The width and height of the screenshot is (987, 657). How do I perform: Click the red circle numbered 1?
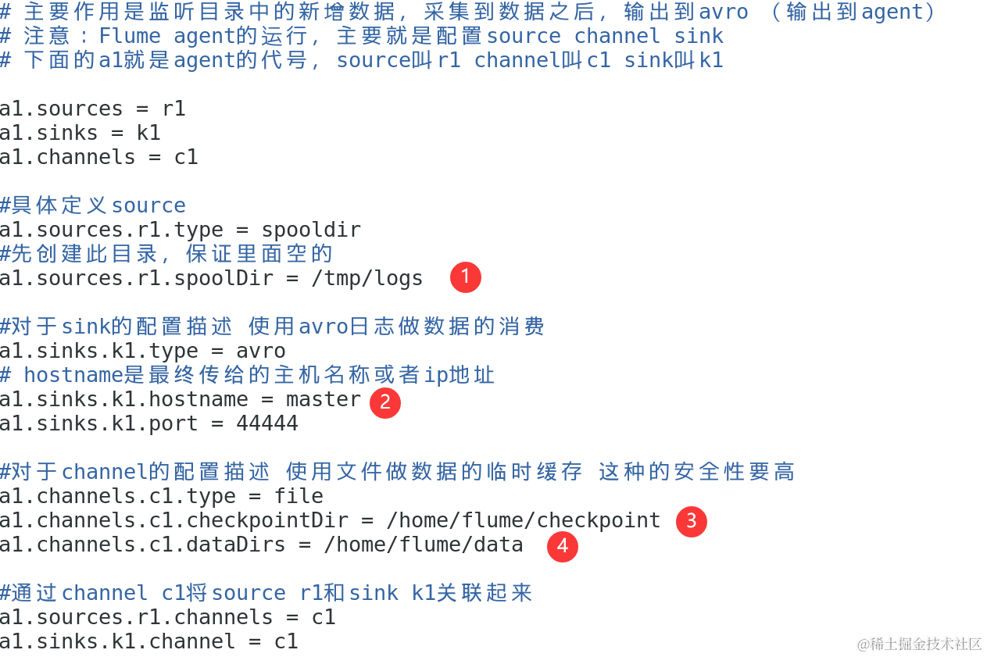point(466,277)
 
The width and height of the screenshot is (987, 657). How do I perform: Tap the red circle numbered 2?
point(384,402)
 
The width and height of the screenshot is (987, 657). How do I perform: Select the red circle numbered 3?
point(691,521)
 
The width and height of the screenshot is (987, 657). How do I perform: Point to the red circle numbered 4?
point(562,546)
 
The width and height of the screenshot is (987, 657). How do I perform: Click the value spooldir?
point(311,230)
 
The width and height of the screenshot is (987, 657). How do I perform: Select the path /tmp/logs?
point(367,278)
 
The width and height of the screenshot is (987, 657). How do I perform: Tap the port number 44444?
point(267,423)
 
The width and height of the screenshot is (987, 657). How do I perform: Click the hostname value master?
point(324,399)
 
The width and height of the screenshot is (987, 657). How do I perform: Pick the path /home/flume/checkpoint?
point(524,520)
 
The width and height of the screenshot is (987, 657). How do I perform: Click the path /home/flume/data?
point(424,545)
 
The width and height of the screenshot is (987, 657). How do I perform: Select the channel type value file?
point(299,496)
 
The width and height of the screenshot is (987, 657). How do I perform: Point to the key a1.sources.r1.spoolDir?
point(137,278)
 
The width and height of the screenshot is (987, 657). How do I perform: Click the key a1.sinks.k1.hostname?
point(124,399)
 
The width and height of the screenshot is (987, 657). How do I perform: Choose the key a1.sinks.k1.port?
point(99,423)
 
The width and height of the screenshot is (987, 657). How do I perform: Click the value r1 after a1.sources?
point(173,109)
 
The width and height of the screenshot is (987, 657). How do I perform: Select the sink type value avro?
point(261,351)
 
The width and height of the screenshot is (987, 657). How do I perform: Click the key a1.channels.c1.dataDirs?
point(143,545)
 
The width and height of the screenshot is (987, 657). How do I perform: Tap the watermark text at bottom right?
point(919,644)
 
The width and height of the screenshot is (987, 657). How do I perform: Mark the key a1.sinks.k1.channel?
point(118,641)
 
